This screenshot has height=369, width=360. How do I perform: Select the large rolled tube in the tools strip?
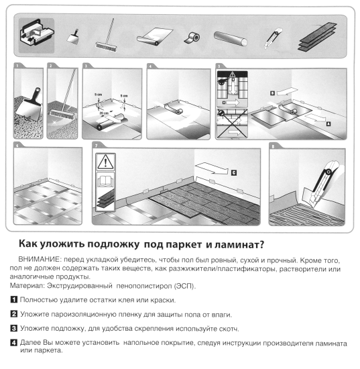(232, 36)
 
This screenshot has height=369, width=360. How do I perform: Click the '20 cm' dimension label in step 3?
(100, 112)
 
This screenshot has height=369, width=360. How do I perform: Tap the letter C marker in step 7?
(234, 172)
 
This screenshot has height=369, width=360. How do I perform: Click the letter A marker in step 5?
(328, 124)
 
